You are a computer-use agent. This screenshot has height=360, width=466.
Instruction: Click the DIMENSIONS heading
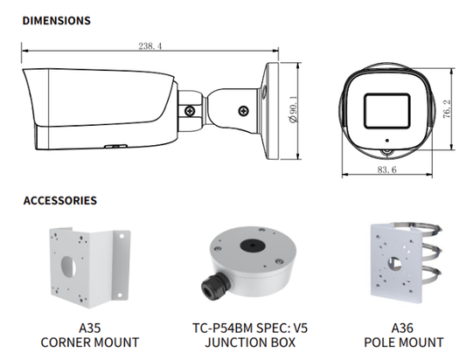click(x=55, y=18)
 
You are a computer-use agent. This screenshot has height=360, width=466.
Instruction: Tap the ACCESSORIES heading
click(x=59, y=200)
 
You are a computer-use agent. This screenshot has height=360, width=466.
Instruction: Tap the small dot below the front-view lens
click(x=383, y=139)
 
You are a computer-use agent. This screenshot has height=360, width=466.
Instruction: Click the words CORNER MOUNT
click(x=90, y=343)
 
